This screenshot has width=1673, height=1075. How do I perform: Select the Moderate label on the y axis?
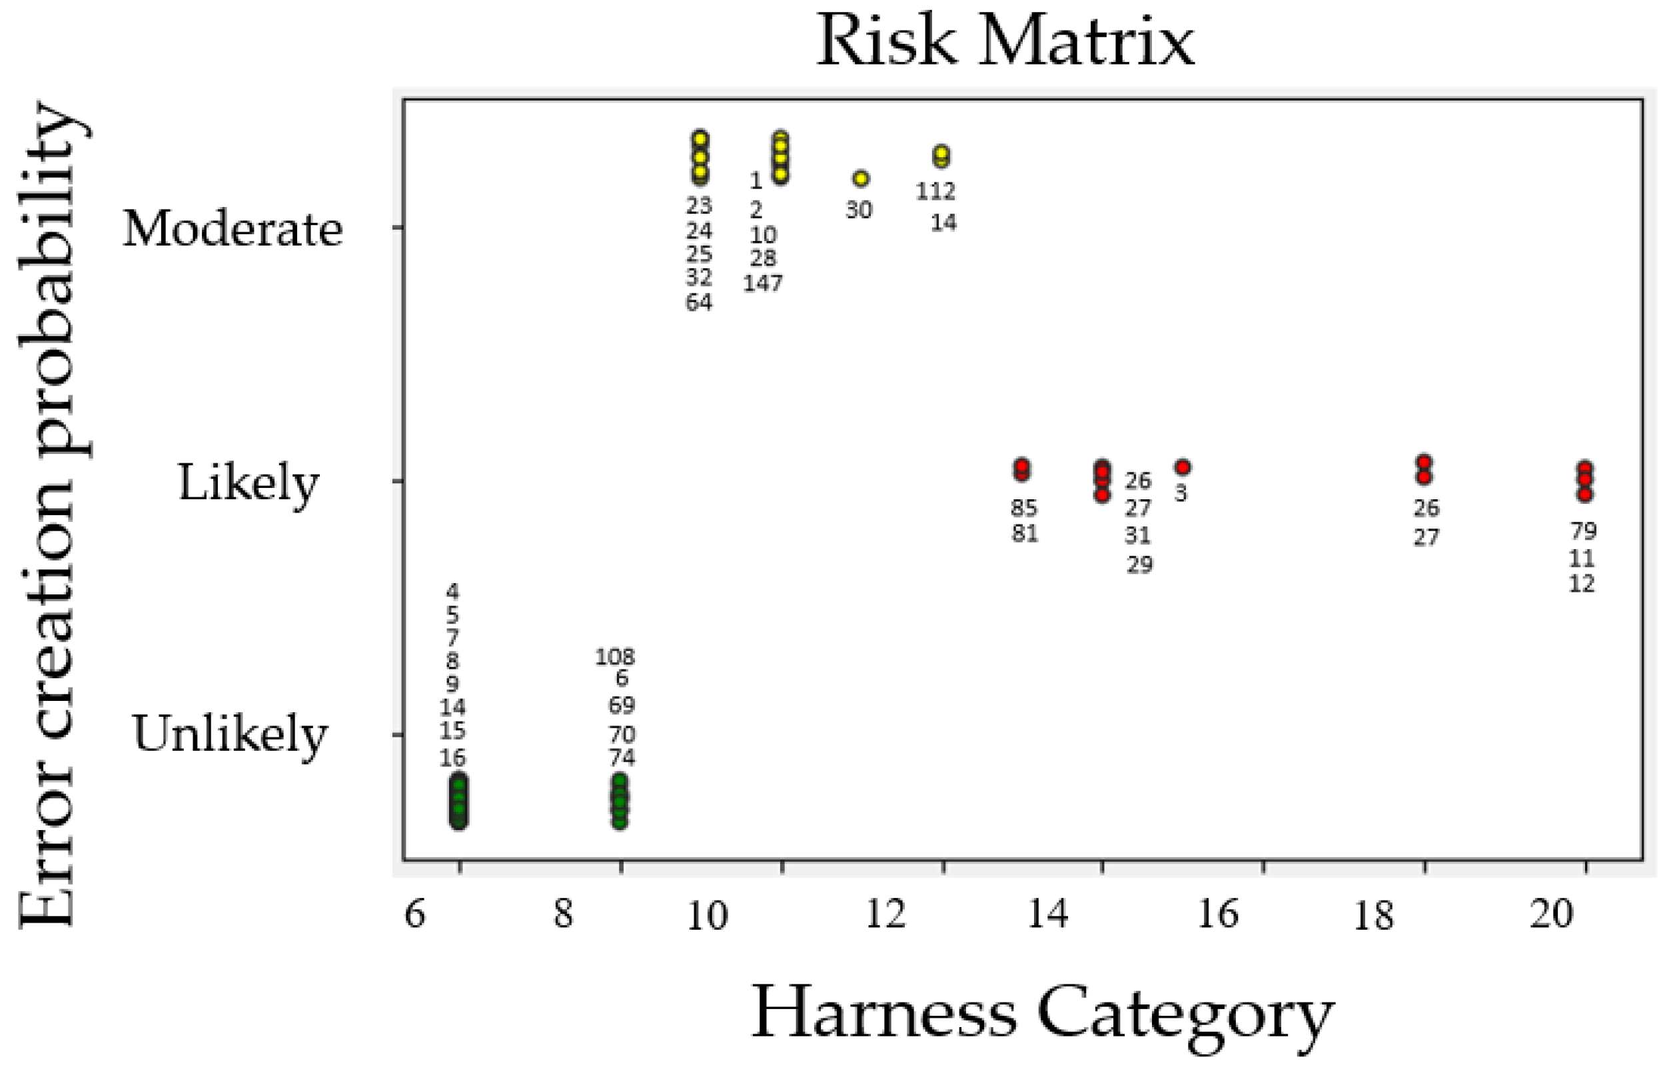tap(233, 229)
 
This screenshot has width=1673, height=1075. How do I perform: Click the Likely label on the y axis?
tap(249, 483)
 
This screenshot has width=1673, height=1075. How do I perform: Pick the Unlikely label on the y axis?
tap(230, 734)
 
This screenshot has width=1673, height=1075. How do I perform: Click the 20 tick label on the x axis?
tap(1552, 913)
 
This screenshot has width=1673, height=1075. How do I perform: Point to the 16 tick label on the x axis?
tap(1218, 913)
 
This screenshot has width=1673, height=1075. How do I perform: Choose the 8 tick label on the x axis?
tap(563, 913)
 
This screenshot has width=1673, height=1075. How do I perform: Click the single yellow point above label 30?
tap(861, 178)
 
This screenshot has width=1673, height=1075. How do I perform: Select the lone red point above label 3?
tap(1182, 467)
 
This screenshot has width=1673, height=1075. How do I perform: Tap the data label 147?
tap(763, 284)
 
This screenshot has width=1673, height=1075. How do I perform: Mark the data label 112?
tap(935, 190)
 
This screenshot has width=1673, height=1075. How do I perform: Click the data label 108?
tap(615, 657)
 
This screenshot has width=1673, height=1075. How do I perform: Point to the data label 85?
tap(1024, 507)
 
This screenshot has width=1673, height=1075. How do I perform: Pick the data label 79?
tap(1583, 531)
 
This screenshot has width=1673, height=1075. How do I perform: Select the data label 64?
tap(698, 302)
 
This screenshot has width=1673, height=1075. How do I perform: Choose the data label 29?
tap(1139, 564)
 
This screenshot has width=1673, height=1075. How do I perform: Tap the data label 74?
tap(621, 757)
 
